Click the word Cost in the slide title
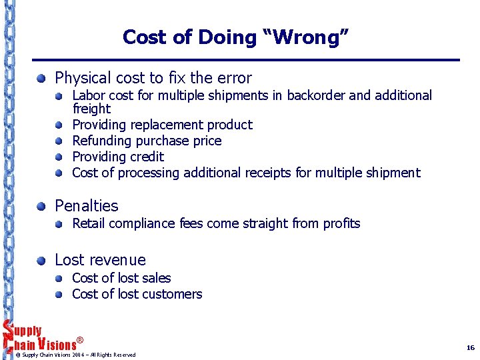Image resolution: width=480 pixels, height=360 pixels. point(144,37)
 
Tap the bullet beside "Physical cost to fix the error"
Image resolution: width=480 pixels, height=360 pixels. point(42,78)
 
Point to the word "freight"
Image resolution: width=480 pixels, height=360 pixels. point(91,109)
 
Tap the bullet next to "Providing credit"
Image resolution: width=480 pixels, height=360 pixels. point(59,157)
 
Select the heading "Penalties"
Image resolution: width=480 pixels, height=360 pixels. point(86,206)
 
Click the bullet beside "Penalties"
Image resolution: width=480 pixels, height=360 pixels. point(42,207)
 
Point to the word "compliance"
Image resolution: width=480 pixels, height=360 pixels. point(144,223)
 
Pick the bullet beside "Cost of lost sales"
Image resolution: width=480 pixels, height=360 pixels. point(59,279)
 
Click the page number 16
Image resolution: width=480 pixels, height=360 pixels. point(470,347)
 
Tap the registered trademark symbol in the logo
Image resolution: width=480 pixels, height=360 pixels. point(80,340)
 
